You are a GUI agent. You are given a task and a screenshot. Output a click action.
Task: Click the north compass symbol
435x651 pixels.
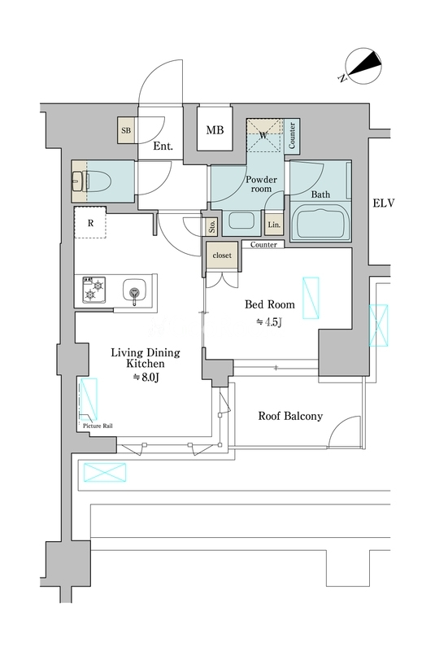[x=362, y=67]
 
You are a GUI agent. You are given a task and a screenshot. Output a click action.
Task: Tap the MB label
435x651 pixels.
[x=215, y=130]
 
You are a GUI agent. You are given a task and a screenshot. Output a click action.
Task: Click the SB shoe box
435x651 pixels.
[x=126, y=130]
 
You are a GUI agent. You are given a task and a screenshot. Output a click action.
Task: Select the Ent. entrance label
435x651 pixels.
[x=163, y=146]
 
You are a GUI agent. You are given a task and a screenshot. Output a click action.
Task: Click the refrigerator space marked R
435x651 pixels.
[x=90, y=222]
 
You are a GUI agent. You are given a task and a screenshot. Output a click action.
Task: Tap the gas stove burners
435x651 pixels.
[x=94, y=290]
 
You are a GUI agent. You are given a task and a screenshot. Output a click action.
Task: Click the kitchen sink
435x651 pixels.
[x=134, y=291]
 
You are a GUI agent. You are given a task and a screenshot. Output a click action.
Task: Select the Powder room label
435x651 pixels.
[x=261, y=184]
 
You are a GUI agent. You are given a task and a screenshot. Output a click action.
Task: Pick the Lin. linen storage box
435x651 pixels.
[x=274, y=225]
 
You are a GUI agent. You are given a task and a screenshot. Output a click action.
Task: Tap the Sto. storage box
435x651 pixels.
[x=212, y=226]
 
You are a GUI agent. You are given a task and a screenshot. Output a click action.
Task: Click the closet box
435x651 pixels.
[x=222, y=256]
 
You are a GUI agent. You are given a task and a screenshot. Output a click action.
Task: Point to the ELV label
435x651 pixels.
[x=384, y=203]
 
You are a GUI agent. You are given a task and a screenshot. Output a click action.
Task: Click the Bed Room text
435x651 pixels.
[x=270, y=304]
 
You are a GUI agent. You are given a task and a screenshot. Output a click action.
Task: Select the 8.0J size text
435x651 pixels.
[x=146, y=378]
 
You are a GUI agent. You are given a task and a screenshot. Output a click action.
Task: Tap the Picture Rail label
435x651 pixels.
[x=98, y=426]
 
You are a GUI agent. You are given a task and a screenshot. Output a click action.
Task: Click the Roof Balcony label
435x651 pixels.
[x=290, y=416]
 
